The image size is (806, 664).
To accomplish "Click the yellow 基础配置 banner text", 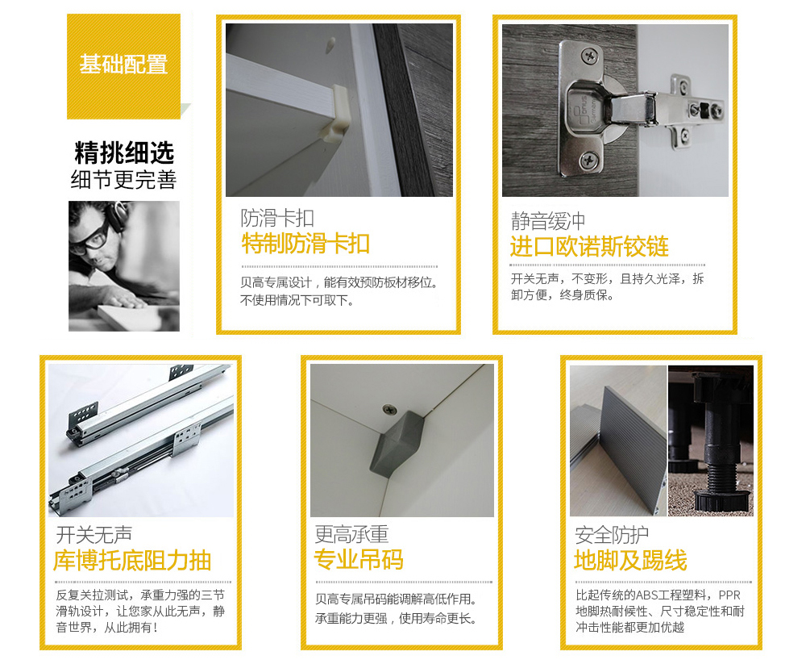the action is point(123,65).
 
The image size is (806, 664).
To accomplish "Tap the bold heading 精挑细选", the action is point(124,152).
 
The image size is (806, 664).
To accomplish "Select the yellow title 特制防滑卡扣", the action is point(305,244).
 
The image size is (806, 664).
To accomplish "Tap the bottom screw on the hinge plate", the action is point(590,161).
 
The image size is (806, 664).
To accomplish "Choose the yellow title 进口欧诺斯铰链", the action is point(589,247).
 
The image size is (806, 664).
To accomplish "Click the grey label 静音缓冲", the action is point(548,221).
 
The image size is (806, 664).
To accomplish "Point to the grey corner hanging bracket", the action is point(398,443).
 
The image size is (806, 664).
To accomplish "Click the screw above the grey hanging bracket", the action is point(390,410).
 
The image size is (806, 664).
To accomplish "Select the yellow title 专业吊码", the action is point(359,560).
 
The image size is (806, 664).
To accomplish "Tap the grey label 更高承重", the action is point(351,535).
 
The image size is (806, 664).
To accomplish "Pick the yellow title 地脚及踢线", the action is point(630,560).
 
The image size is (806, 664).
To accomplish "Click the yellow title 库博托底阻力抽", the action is point(132,561).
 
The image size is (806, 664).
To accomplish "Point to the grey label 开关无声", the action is point(94,535).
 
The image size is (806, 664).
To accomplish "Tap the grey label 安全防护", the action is point(612,535).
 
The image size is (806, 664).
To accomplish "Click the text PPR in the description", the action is point(729,595).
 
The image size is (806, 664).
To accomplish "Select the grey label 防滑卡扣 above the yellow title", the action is point(277,218).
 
